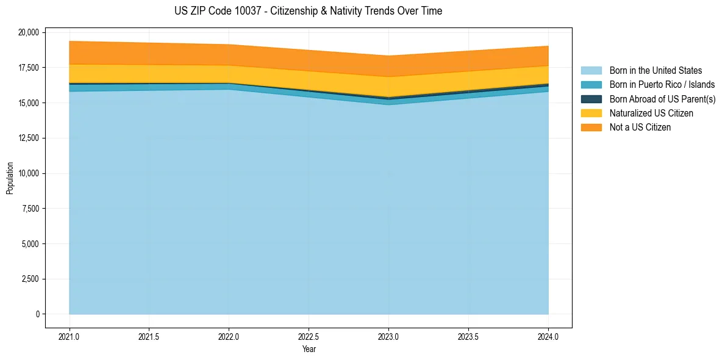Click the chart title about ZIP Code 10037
pos(308,11)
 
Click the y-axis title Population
pos(10,178)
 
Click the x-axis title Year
pos(309,349)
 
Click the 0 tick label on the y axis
pos(37,314)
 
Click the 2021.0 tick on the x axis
pos(70,336)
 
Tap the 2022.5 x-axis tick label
pos(309,336)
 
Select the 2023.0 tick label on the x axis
pos(388,336)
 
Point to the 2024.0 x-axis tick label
pos(548,336)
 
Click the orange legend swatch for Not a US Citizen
pos(591,127)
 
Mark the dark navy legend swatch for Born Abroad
pos(591,99)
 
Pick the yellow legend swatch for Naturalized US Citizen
pos(591,113)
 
